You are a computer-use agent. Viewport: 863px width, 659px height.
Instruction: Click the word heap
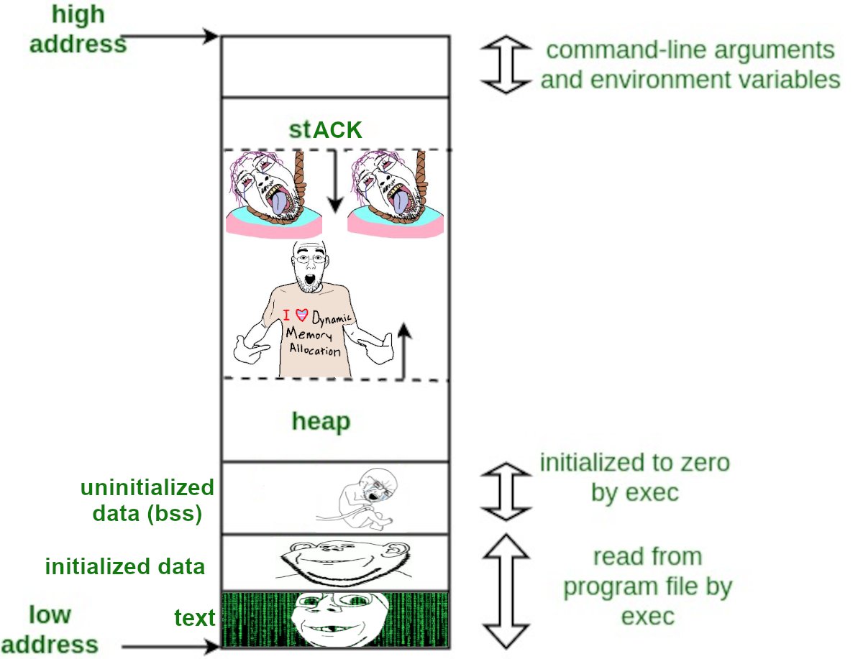tap(321, 421)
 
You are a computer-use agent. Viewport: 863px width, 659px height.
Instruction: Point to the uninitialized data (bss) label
tap(147, 501)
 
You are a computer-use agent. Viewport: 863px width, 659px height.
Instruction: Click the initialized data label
tap(125, 567)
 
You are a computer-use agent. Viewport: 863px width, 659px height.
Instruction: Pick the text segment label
tap(195, 618)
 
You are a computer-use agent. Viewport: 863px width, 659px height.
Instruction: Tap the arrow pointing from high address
tap(173, 35)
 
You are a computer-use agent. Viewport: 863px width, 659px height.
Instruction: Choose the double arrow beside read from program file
tap(505, 591)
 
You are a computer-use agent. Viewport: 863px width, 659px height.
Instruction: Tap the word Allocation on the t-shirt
tap(314, 350)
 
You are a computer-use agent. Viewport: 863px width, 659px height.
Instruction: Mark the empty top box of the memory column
tap(335, 66)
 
